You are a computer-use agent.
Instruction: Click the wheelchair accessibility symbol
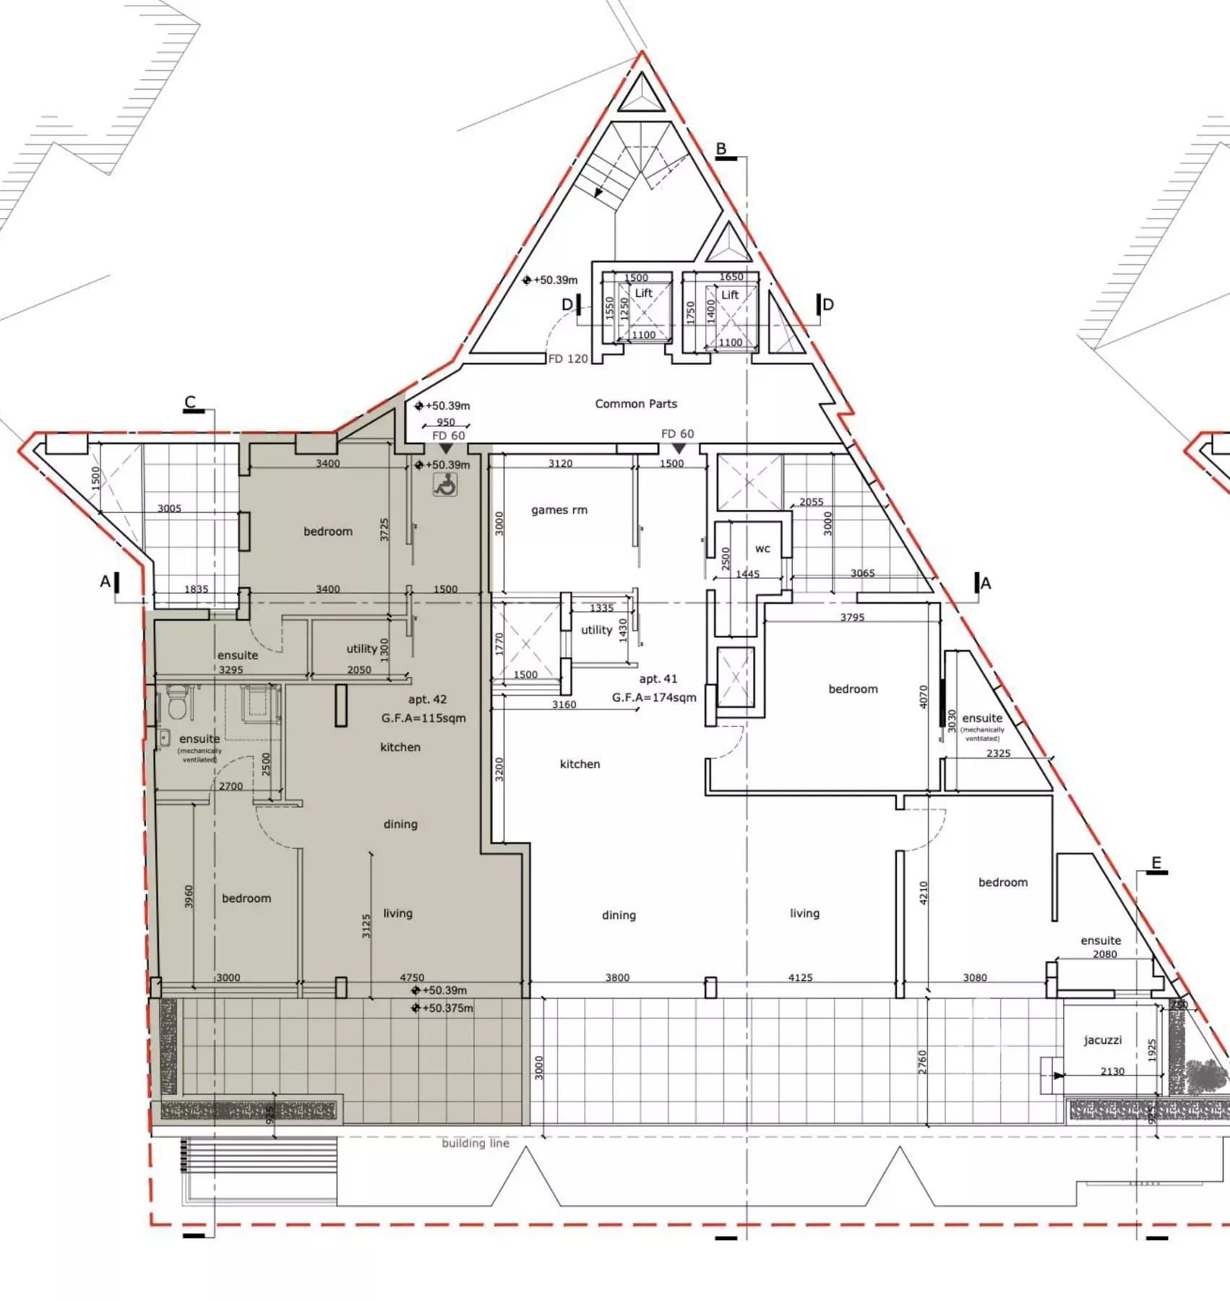tap(445, 485)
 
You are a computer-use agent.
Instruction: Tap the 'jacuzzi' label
tap(1102, 1040)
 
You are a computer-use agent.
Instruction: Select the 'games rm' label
tap(559, 510)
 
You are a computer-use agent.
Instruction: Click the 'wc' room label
tap(762, 549)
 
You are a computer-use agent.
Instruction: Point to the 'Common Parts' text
tap(636, 404)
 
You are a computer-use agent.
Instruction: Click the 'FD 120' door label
tap(568, 359)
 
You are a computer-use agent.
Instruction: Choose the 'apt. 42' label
tap(427, 699)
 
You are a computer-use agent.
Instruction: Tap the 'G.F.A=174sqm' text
tap(654, 698)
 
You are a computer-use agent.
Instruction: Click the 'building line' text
tap(476, 1143)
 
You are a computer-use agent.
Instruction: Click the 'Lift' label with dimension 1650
tap(730, 295)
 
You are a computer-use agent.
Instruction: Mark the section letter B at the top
tap(721, 150)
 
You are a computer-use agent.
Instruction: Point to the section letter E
tap(1156, 863)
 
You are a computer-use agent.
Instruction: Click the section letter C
tap(190, 402)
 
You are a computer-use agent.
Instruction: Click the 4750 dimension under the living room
tap(412, 977)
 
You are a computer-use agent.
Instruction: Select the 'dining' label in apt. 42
tap(400, 824)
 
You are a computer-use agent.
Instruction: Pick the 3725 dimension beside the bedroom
tap(384, 530)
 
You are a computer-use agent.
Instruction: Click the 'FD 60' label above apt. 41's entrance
tap(677, 434)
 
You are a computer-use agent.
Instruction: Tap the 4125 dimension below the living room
tap(800, 977)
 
